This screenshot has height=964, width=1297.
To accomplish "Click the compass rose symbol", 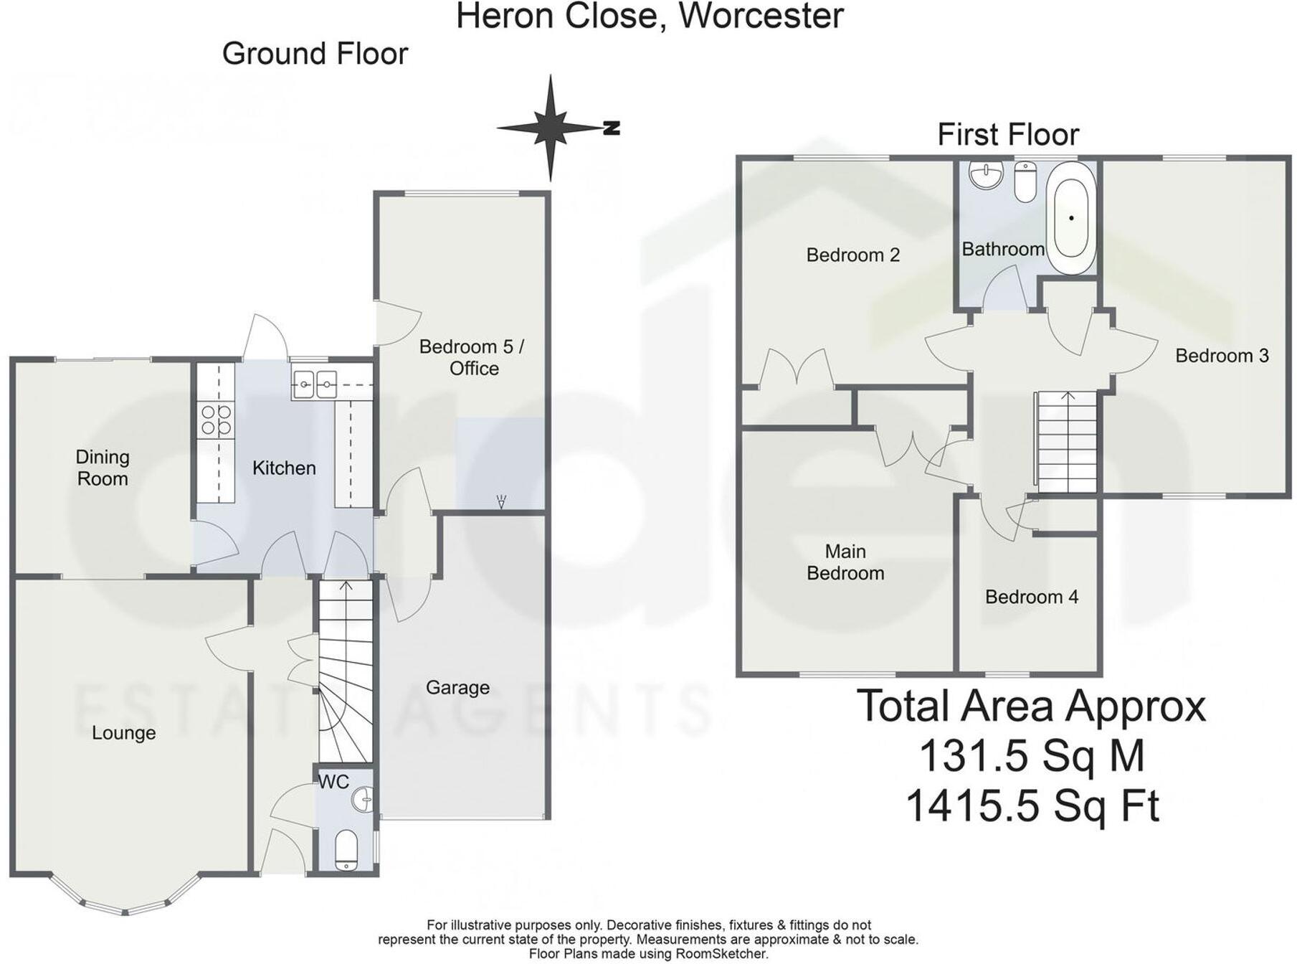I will [551, 128].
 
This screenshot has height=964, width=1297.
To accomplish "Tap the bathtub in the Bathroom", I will [1071, 217].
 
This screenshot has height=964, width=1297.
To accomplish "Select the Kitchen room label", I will [284, 468].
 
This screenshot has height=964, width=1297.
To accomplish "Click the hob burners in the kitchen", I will [217, 420].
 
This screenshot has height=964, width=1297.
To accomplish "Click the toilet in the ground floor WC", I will [347, 851].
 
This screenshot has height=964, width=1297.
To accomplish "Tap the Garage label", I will [457, 688].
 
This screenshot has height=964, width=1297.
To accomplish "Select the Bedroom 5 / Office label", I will [472, 357].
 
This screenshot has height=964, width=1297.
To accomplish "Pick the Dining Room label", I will [103, 468].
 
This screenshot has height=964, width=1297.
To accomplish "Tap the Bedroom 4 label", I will [1031, 597].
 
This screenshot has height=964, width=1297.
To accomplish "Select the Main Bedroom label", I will [845, 562].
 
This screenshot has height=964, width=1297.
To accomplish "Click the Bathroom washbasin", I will [986, 174].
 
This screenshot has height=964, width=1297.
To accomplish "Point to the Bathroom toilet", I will [1026, 181].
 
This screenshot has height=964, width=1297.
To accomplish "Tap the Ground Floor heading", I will [315, 54].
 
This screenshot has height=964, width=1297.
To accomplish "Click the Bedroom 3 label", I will [1222, 356].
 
